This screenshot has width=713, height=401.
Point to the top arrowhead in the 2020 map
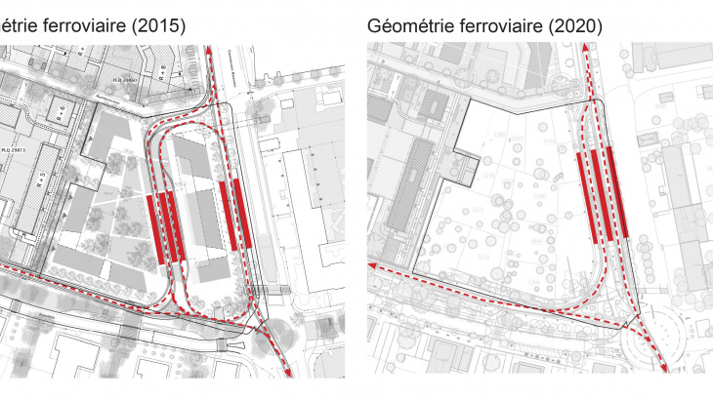point(598,52)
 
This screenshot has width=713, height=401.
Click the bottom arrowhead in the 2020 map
point(666,370)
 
